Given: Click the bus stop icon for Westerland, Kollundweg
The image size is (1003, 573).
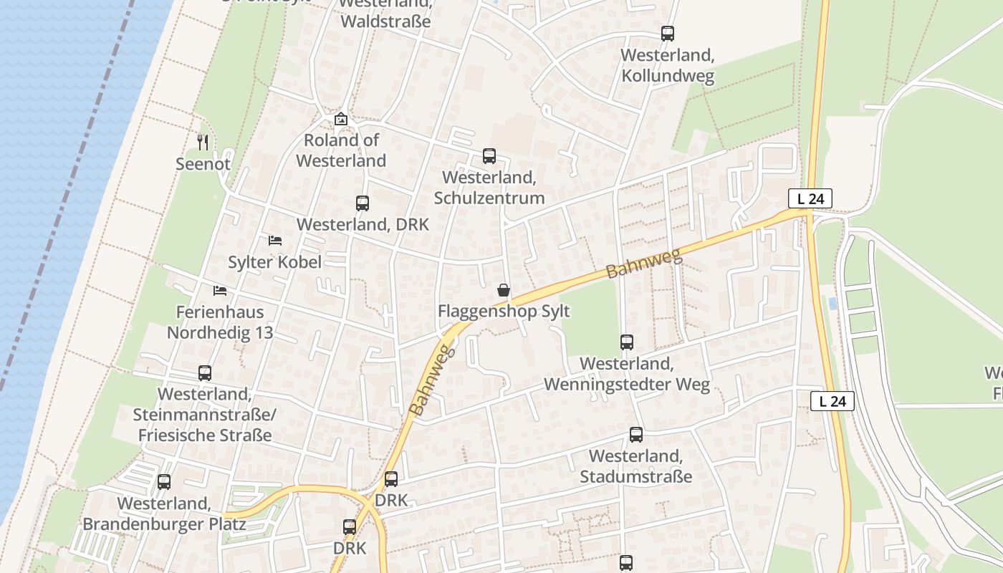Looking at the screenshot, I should (x=668, y=33).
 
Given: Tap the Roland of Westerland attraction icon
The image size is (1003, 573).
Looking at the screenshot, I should (x=341, y=119).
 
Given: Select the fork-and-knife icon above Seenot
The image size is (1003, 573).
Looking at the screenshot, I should (x=203, y=143).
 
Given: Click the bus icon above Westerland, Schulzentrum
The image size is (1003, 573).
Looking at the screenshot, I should (x=489, y=155).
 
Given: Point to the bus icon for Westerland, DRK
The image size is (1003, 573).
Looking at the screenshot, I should (x=363, y=203).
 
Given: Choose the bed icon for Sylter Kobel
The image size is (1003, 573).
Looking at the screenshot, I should (x=275, y=240).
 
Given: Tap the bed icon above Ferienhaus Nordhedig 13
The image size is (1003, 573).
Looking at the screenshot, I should (x=220, y=290).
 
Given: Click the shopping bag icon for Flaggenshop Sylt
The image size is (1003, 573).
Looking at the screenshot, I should (x=504, y=290).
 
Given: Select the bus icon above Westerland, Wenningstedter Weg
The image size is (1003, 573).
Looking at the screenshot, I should (x=627, y=342).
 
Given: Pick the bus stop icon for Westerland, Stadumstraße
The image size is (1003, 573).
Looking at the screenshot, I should (x=636, y=435).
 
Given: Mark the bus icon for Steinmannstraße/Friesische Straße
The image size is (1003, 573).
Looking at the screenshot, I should (x=205, y=373).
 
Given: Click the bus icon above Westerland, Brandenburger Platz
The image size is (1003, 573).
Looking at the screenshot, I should (x=164, y=482).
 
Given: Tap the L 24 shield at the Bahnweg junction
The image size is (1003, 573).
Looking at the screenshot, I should (x=810, y=198).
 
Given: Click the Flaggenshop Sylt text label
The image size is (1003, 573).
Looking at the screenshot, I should (x=504, y=312).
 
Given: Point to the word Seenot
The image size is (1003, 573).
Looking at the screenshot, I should (x=203, y=164).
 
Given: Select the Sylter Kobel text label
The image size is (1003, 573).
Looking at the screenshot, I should (x=274, y=262).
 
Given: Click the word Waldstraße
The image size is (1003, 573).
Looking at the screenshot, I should (x=385, y=21).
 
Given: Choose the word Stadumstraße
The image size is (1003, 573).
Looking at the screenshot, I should (x=636, y=477).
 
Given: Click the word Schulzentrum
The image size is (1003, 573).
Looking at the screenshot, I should (x=489, y=198).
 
